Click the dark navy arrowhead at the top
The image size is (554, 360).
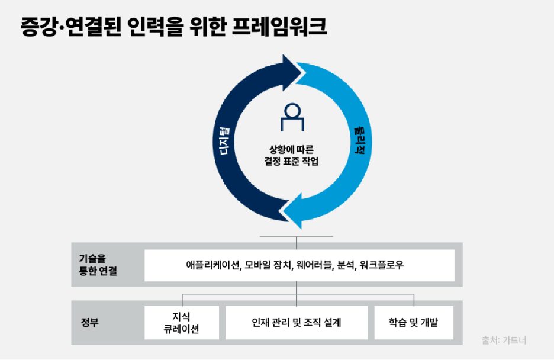pyautogui.click(x=294, y=73)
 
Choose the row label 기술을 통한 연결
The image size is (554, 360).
pyautogui.click(x=98, y=265)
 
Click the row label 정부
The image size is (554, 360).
pyautogui.click(x=89, y=323)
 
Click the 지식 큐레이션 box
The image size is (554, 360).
pyautogui.click(x=182, y=323)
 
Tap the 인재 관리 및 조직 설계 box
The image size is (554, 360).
pyautogui.click(x=297, y=323)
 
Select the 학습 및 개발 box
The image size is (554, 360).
pyautogui.click(x=414, y=323)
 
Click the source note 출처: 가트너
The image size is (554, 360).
pyautogui.click(x=504, y=340)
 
